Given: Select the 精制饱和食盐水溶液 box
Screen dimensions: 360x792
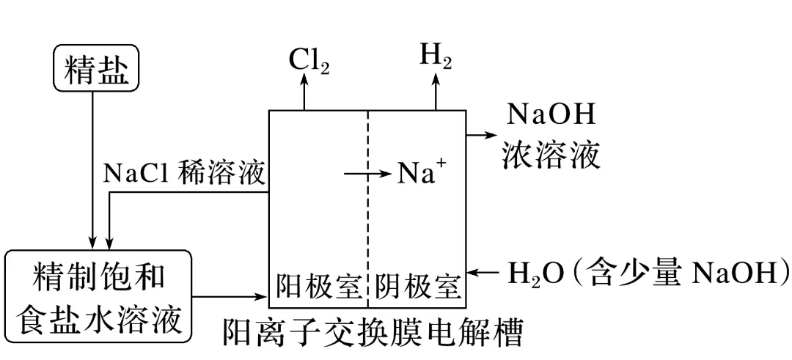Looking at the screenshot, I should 98,297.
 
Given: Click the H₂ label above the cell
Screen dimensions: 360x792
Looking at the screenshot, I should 435,59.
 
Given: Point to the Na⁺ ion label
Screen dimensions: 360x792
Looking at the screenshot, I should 421,175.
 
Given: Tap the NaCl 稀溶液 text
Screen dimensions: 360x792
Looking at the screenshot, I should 185,174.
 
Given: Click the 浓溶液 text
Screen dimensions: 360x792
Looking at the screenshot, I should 551,155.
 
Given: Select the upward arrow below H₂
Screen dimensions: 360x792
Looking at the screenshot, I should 435,92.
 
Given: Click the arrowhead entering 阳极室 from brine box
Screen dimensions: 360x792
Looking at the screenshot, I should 260,297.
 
